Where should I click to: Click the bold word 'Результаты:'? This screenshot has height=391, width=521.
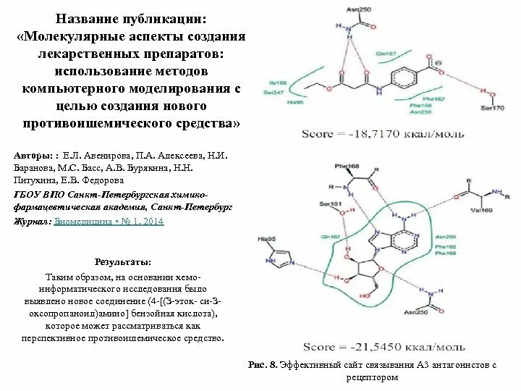[x=124, y=261]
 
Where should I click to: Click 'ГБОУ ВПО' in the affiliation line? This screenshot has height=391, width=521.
[x=38, y=195]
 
